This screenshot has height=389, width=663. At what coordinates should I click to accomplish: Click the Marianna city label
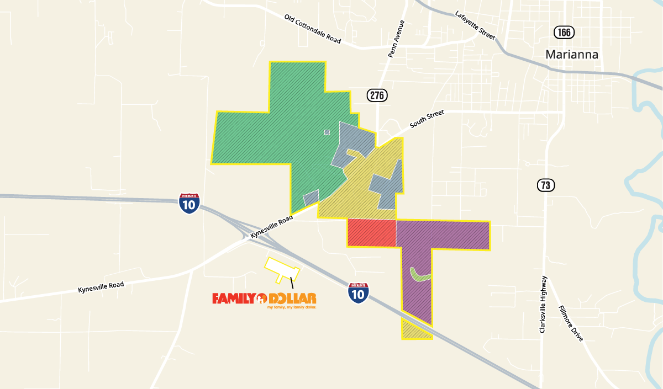tap(572, 54)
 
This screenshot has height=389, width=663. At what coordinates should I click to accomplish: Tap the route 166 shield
tap(564, 32)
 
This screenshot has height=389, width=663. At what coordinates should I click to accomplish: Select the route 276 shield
tap(377, 95)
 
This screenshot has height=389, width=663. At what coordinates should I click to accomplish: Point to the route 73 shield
tap(545, 185)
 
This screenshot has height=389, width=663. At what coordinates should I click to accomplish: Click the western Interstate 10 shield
tap(189, 203)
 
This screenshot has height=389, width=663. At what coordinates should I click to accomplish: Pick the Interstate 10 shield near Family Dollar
tap(359, 292)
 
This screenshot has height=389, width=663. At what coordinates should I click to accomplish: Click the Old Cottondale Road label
tap(313, 29)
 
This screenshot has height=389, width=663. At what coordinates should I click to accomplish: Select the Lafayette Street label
tap(475, 25)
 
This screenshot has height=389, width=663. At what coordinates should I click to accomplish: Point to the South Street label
tap(427, 120)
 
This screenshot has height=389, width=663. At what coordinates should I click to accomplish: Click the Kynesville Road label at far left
tap(101, 287)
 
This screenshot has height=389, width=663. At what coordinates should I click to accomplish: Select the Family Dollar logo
tap(264, 299)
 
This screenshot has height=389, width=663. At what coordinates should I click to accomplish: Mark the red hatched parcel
tap(371, 233)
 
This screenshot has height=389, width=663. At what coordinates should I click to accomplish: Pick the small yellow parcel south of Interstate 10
tap(413, 331)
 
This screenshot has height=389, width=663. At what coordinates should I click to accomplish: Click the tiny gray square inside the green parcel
tap(327, 132)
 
